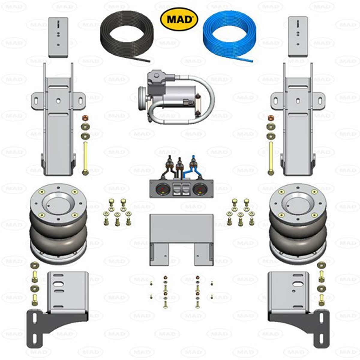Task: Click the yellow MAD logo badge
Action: (x=179, y=19)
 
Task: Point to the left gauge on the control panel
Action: (x=162, y=189)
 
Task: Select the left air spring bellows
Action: (x=58, y=228)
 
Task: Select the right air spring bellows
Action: (x=298, y=228)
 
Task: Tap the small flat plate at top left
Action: (x=58, y=37)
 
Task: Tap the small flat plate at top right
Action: (x=298, y=37)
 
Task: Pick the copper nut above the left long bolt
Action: (x=85, y=117)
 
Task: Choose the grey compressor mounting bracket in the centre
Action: (x=181, y=237)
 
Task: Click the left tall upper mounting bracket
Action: (x=58, y=120)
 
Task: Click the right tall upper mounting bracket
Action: (x=298, y=120)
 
